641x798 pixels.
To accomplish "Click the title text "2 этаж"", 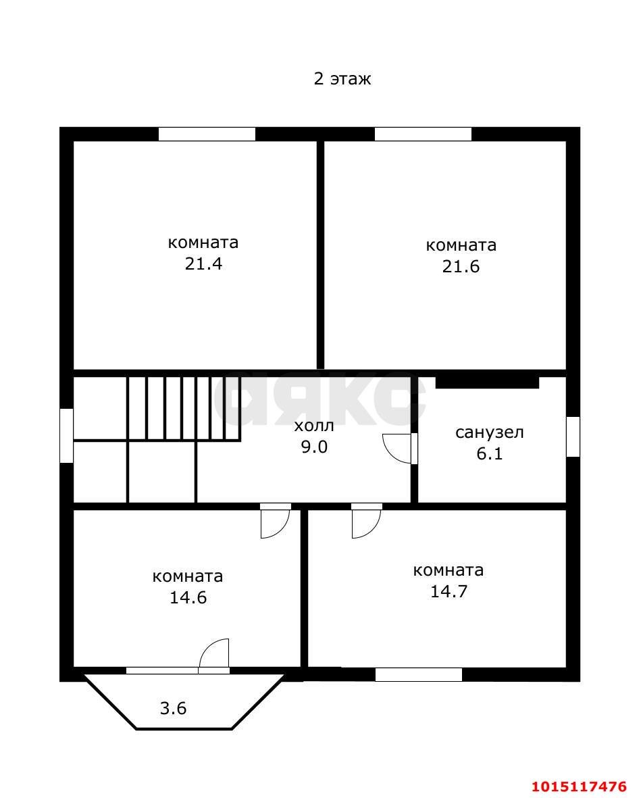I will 342,79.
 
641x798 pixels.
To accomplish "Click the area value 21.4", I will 203,264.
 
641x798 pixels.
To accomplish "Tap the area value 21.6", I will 461,266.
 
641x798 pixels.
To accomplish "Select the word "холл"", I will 314,426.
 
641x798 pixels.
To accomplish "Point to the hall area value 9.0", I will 314,447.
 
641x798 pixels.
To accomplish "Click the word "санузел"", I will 490,432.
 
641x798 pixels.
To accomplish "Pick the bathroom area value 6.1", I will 490,453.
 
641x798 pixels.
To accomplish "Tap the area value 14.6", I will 188,598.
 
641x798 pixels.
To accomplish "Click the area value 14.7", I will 449,592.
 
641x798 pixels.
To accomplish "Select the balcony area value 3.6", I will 173,709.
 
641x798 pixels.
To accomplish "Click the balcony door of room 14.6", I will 215,654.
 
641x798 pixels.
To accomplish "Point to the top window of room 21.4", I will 207,134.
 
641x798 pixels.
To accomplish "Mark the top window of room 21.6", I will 423,134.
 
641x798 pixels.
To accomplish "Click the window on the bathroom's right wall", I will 573,437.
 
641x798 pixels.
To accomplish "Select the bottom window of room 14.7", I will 419,674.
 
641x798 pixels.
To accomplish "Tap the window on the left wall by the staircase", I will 66,435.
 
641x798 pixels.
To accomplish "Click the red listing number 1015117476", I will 579,787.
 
